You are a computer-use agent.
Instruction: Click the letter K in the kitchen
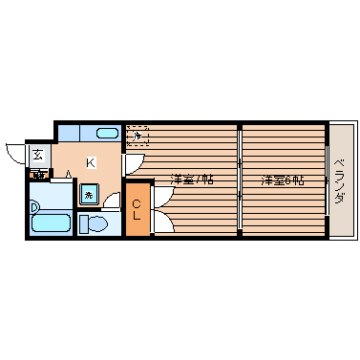(x=90, y=162)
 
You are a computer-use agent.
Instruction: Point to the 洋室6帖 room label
(x=284, y=179)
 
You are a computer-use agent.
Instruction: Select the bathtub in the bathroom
(x=50, y=225)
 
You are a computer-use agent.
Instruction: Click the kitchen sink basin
(x=106, y=133)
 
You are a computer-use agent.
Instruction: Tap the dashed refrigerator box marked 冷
(x=138, y=136)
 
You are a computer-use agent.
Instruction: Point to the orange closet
(x=138, y=208)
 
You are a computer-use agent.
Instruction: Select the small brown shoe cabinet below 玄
(x=39, y=174)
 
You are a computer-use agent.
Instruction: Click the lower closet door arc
(x=160, y=222)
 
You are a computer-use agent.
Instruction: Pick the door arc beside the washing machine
(x=110, y=201)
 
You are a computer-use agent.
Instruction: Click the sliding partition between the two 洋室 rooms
(x=239, y=181)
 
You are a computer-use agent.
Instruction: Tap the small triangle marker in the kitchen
(x=69, y=173)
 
